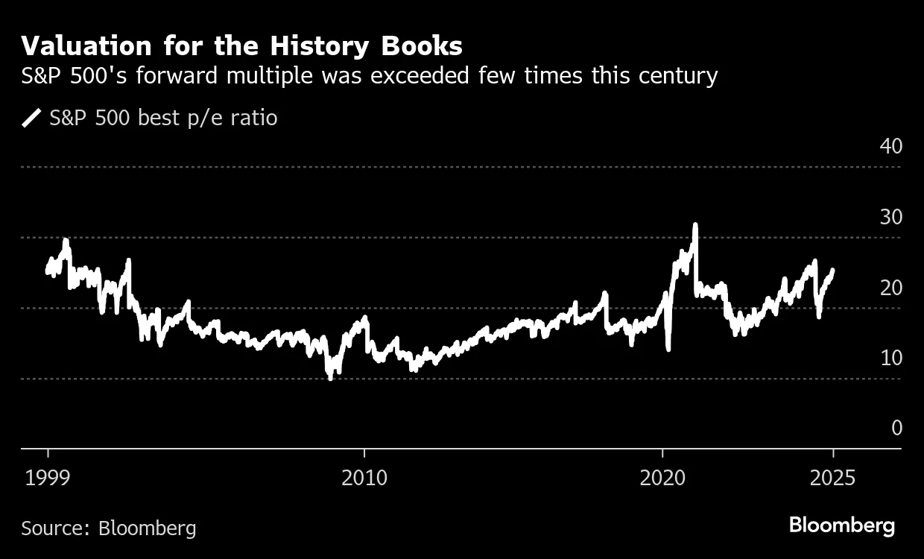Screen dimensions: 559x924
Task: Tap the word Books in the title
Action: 423,46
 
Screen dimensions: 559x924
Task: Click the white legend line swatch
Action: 31,118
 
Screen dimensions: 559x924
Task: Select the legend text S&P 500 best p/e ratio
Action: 163,118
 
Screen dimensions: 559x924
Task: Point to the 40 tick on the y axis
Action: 890,146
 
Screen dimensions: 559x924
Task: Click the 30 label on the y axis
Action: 890,217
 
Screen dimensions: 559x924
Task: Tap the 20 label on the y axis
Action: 890,288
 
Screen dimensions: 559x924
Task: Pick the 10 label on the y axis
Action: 890,358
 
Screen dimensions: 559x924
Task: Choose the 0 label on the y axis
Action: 896,428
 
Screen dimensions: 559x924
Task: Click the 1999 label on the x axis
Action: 48,477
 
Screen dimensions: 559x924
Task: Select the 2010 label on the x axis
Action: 364,477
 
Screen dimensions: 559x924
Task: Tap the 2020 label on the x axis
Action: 662,477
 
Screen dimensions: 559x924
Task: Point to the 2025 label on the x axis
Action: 833,477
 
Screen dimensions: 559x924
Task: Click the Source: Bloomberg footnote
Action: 109,528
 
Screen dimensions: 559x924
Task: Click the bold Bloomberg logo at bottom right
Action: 842,525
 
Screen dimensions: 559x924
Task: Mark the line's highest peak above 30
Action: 695,224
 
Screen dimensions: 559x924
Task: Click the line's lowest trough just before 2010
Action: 330,378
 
